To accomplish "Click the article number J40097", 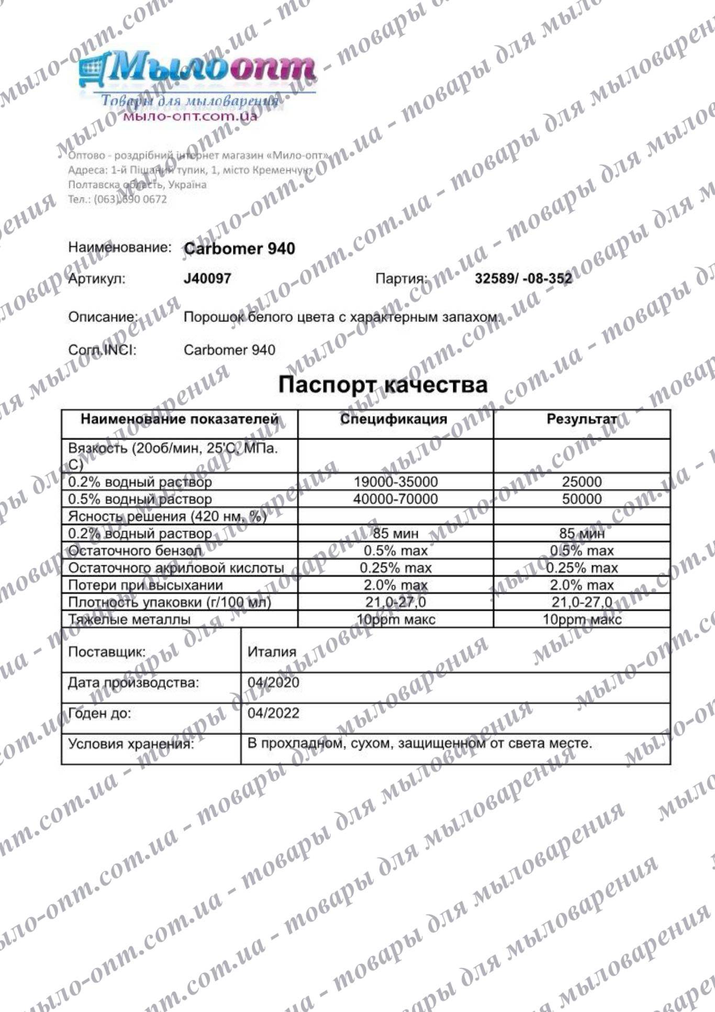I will pos(207,279).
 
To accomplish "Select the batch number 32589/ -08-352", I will pos(523,279).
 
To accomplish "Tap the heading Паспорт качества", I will pos(383,384).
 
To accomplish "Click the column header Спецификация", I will pos(394,419).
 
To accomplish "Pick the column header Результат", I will pos(582,419).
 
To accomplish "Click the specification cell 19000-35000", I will pos(396,482).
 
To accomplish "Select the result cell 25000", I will pos(582,482).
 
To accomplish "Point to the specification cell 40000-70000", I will pos(396,499).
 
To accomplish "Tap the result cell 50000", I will pos(582,499).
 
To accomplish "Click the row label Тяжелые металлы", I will pos(129,620).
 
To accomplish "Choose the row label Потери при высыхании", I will pos(146,585).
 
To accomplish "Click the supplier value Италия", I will pos(272,652).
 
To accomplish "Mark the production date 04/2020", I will pos(273,683).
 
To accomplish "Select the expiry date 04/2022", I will pos(273,713).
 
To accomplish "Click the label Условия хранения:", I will pos(131,744).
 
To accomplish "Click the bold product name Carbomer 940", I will pos(239,248).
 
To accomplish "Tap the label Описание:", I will pos(103,317).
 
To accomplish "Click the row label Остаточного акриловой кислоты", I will pos(176,568).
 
